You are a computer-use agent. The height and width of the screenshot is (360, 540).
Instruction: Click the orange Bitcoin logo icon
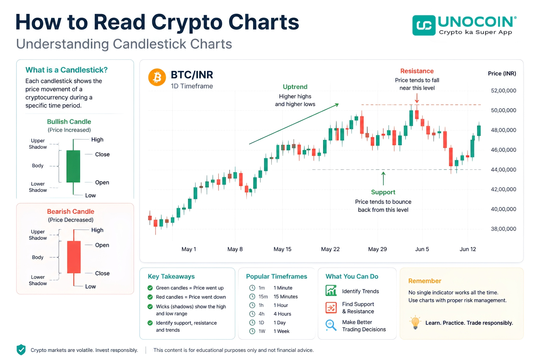click(157, 77)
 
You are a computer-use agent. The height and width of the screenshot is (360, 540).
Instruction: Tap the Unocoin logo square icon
click(424, 25)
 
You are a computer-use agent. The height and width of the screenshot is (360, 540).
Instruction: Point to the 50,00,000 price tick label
click(503, 110)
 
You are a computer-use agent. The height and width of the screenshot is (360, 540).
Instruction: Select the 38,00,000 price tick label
click(503, 229)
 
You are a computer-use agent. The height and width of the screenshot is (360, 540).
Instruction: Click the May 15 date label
click(282, 249)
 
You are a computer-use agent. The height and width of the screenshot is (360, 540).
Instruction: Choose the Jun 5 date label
click(422, 249)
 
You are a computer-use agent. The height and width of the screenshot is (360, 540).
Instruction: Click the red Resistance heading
click(417, 71)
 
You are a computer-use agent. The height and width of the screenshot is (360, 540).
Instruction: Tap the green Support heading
click(383, 192)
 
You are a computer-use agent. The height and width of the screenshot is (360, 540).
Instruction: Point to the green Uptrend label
click(295, 87)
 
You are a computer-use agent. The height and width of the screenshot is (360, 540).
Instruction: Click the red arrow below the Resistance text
click(417, 98)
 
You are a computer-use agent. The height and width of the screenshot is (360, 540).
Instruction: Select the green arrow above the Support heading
click(383, 178)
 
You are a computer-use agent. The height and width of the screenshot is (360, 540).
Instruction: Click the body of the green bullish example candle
click(73, 166)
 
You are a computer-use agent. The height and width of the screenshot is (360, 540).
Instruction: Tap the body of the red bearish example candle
click(74, 257)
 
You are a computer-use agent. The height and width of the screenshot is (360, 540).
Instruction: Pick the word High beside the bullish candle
click(97, 140)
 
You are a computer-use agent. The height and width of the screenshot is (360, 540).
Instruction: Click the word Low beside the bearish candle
click(90, 287)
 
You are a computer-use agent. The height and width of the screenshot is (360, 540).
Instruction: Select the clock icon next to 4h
click(252, 314)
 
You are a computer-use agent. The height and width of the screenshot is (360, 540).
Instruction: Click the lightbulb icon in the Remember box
click(415, 322)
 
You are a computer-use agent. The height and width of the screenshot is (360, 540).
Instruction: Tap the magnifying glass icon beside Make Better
click(331, 325)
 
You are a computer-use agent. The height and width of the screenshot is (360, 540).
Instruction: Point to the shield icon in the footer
click(21, 350)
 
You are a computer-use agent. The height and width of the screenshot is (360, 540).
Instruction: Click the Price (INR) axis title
click(502, 73)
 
